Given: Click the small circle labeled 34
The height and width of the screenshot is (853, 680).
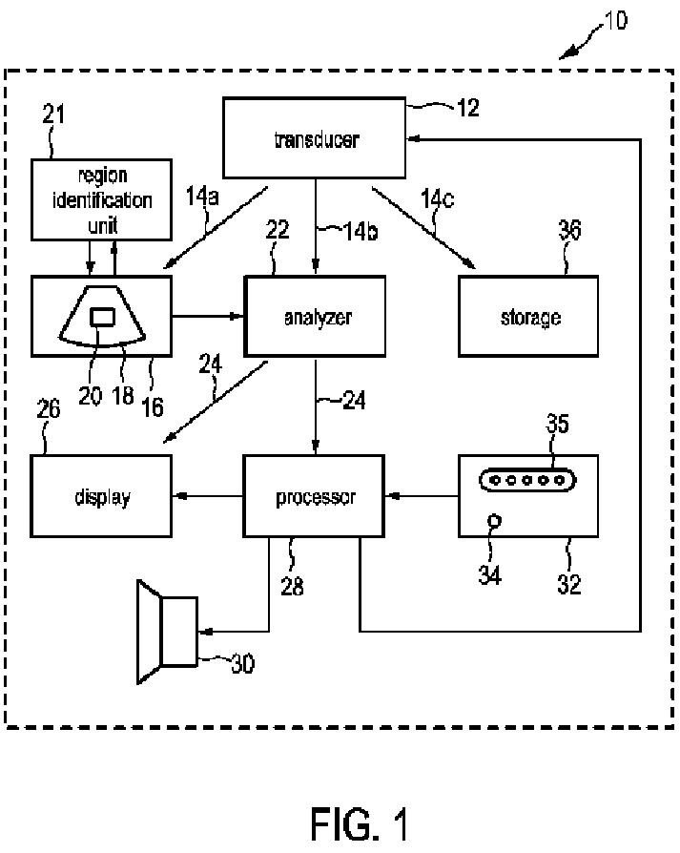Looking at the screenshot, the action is click(x=495, y=521).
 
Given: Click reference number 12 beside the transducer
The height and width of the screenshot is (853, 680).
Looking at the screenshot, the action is click(x=468, y=108).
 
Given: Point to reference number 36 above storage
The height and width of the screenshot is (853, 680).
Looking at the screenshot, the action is click(x=569, y=230).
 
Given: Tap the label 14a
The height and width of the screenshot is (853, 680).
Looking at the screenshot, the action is click(x=202, y=197).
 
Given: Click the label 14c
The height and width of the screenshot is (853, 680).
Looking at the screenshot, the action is click(x=437, y=199).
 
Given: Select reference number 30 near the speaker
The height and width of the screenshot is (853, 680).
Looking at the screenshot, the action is click(x=242, y=664).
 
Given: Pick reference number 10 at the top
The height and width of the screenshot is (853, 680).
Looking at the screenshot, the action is click(x=616, y=21).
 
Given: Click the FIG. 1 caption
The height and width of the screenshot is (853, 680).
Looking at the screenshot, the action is click(x=360, y=824).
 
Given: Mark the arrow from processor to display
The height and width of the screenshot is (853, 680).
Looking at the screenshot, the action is click(x=208, y=496).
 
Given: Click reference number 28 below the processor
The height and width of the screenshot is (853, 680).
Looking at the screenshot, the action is click(x=292, y=586).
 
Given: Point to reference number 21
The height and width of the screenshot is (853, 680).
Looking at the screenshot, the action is click(x=53, y=114).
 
